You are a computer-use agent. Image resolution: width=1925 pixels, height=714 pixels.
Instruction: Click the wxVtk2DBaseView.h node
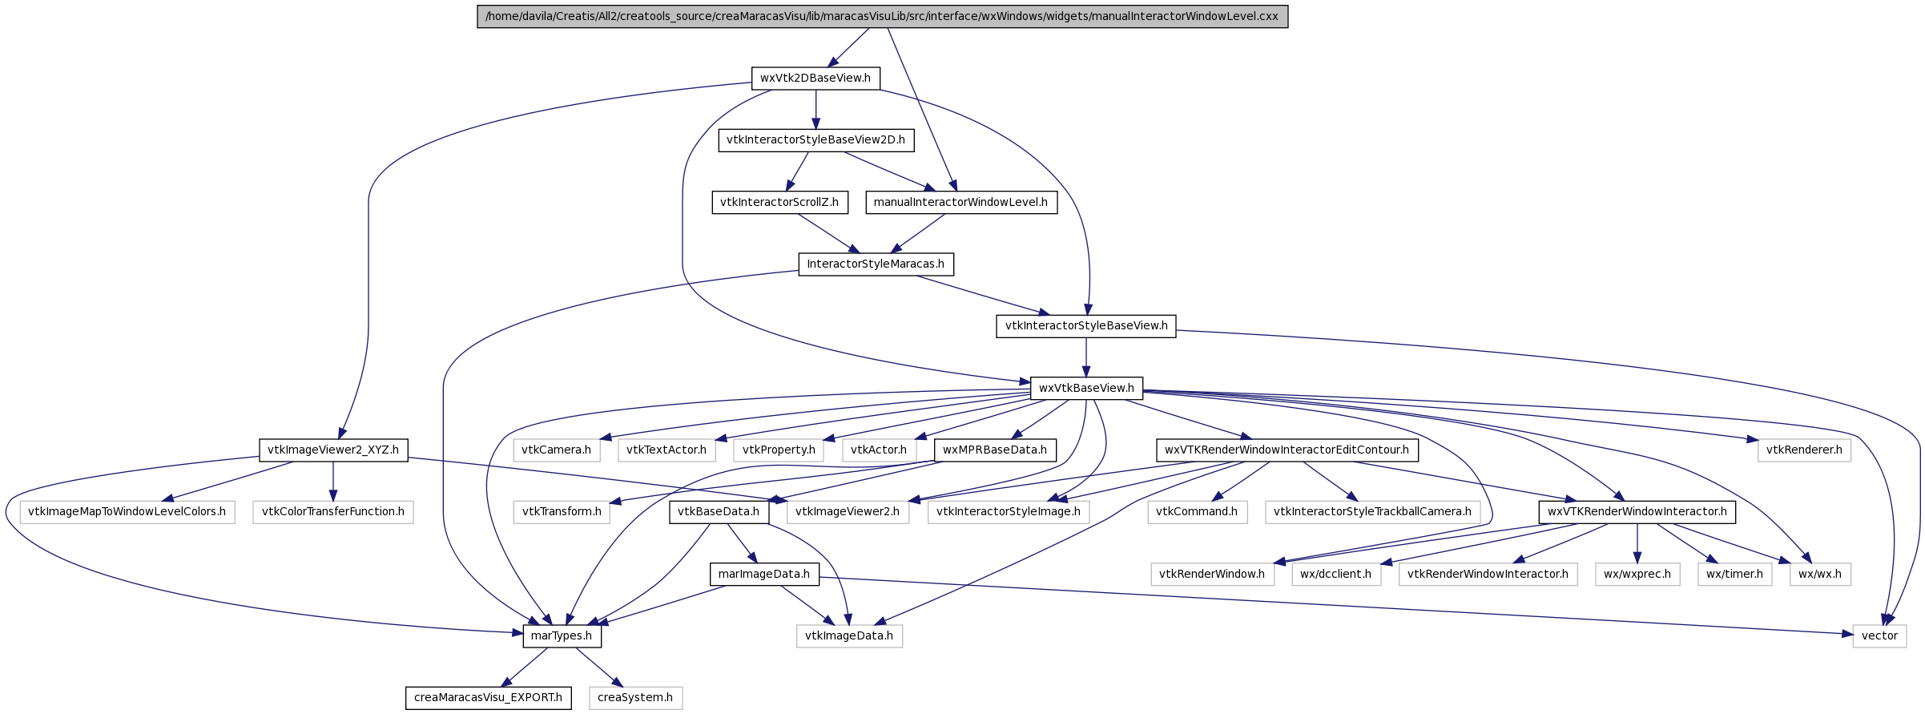[x=816, y=78]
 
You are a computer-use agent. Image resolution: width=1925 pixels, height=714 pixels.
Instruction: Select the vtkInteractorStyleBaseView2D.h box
[x=816, y=139]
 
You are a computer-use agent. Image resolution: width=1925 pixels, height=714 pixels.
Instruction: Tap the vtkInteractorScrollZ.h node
[x=779, y=202]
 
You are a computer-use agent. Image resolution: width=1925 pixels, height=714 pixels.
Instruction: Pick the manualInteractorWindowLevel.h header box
[x=960, y=202]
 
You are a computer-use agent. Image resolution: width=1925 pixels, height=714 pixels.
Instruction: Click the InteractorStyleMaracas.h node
[x=876, y=264]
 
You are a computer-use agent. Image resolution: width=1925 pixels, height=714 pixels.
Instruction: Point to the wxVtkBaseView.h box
[x=1086, y=388]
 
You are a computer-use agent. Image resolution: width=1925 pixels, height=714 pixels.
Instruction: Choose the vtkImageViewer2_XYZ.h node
[x=333, y=450]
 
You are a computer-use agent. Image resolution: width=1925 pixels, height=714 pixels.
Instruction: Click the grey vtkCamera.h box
[x=556, y=450]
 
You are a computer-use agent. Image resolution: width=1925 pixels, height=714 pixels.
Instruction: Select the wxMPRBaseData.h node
[x=995, y=450]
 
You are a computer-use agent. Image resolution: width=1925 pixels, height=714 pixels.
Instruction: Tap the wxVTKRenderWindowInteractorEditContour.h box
[x=1287, y=450]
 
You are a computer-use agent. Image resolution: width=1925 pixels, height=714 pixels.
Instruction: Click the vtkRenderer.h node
[x=1804, y=450]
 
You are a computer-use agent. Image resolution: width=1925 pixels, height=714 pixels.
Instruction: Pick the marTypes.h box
[x=562, y=635]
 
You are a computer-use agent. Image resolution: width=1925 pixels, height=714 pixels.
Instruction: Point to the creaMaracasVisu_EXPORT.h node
[x=489, y=697]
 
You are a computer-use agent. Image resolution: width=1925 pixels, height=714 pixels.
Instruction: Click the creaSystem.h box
[x=635, y=697]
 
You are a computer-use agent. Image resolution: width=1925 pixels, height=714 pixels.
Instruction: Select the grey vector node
[x=1879, y=635]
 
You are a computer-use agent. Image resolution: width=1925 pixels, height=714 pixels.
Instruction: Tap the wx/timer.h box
[x=1734, y=574]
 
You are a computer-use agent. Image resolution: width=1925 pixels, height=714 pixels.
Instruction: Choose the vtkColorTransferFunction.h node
[x=333, y=511]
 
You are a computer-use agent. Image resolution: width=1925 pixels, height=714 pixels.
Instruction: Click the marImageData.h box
[x=764, y=574]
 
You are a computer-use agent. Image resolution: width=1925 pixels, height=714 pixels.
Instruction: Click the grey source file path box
[x=882, y=16]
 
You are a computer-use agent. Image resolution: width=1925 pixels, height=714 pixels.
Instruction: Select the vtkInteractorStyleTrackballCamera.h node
[x=1372, y=511]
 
